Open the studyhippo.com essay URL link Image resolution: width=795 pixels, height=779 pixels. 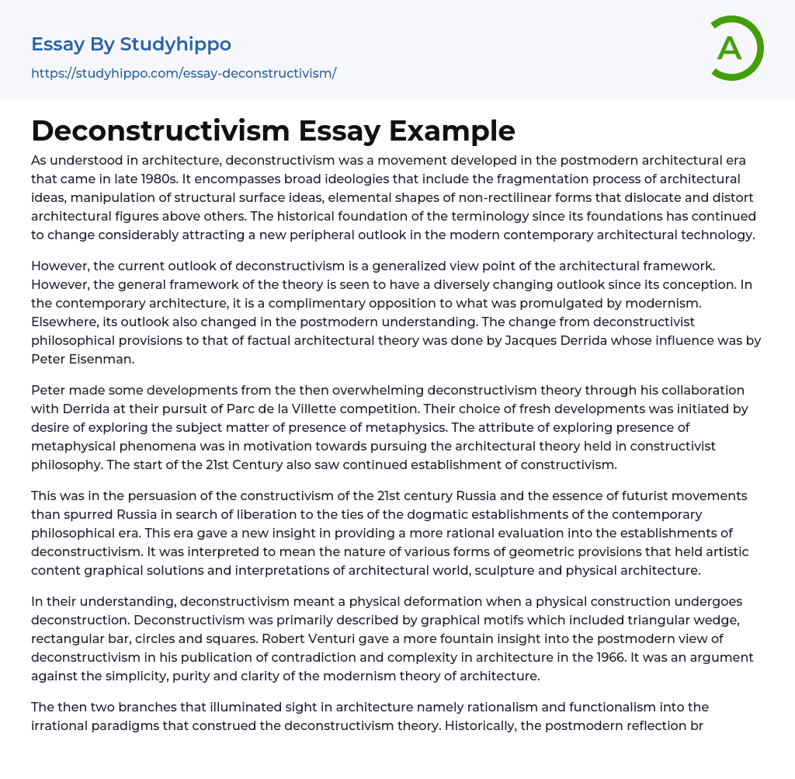(183, 73)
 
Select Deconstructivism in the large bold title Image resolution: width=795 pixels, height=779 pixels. (148, 130)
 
